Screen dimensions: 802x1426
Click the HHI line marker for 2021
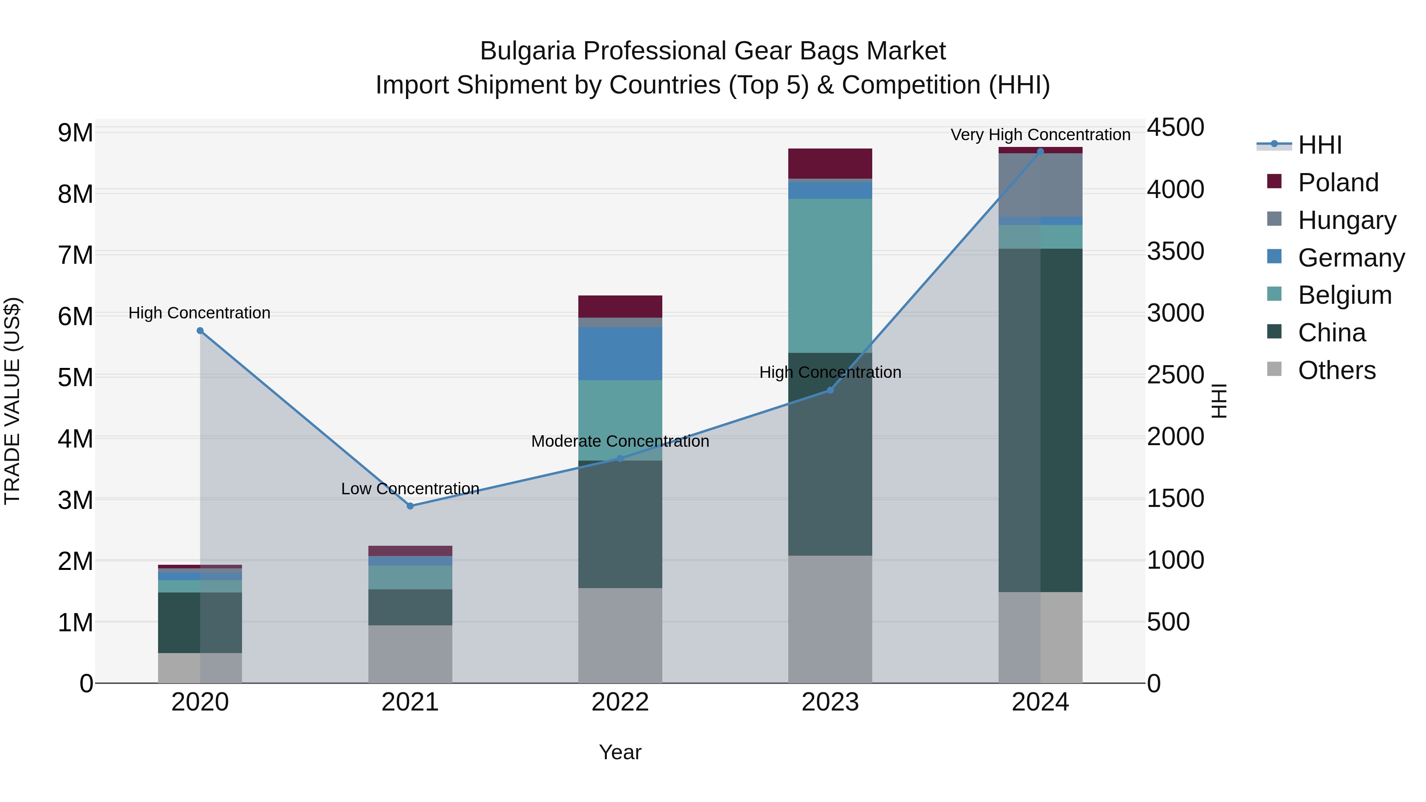coord(410,506)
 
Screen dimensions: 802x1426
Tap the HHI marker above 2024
coord(1040,152)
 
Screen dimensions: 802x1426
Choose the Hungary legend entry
coord(1346,220)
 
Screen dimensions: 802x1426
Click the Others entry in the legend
coord(1336,370)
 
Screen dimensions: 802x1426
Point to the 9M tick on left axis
coord(75,133)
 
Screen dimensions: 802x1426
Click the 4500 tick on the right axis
coord(1175,127)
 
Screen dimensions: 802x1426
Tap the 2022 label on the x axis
coord(620,702)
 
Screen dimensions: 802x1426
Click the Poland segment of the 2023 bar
coord(830,163)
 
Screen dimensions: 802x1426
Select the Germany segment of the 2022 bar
coord(620,354)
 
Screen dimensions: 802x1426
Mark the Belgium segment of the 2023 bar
coord(830,276)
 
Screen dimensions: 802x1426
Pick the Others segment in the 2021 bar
coord(410,653)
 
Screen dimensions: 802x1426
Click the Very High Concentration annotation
coord(1040,135)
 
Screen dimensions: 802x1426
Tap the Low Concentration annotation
coord(410,489)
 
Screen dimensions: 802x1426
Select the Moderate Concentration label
coord(620,441)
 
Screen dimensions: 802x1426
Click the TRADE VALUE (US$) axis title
coord(12,401)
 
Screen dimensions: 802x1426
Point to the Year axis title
coord(620,752)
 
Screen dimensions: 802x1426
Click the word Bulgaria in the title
coord(528,51)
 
